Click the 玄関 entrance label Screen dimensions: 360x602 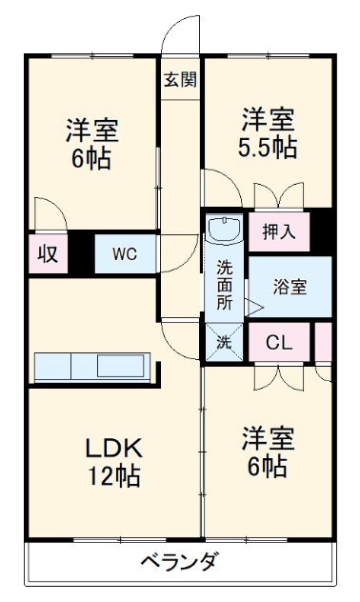[x=179, y=80]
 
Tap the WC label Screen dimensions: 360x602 [x=125, y=253]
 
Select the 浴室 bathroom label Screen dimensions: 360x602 [x=290, y=285]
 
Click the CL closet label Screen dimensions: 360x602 [x=279, y=342]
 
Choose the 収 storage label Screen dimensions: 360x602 [x=47, y=253]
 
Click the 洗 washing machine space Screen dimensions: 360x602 [x=225, y=342]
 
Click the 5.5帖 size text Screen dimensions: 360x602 [x=268, y=149]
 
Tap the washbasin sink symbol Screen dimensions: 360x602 [x=226, y=231]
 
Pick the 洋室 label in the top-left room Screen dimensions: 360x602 [x=92, y=130]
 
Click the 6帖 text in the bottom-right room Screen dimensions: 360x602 [x=268, y=467]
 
